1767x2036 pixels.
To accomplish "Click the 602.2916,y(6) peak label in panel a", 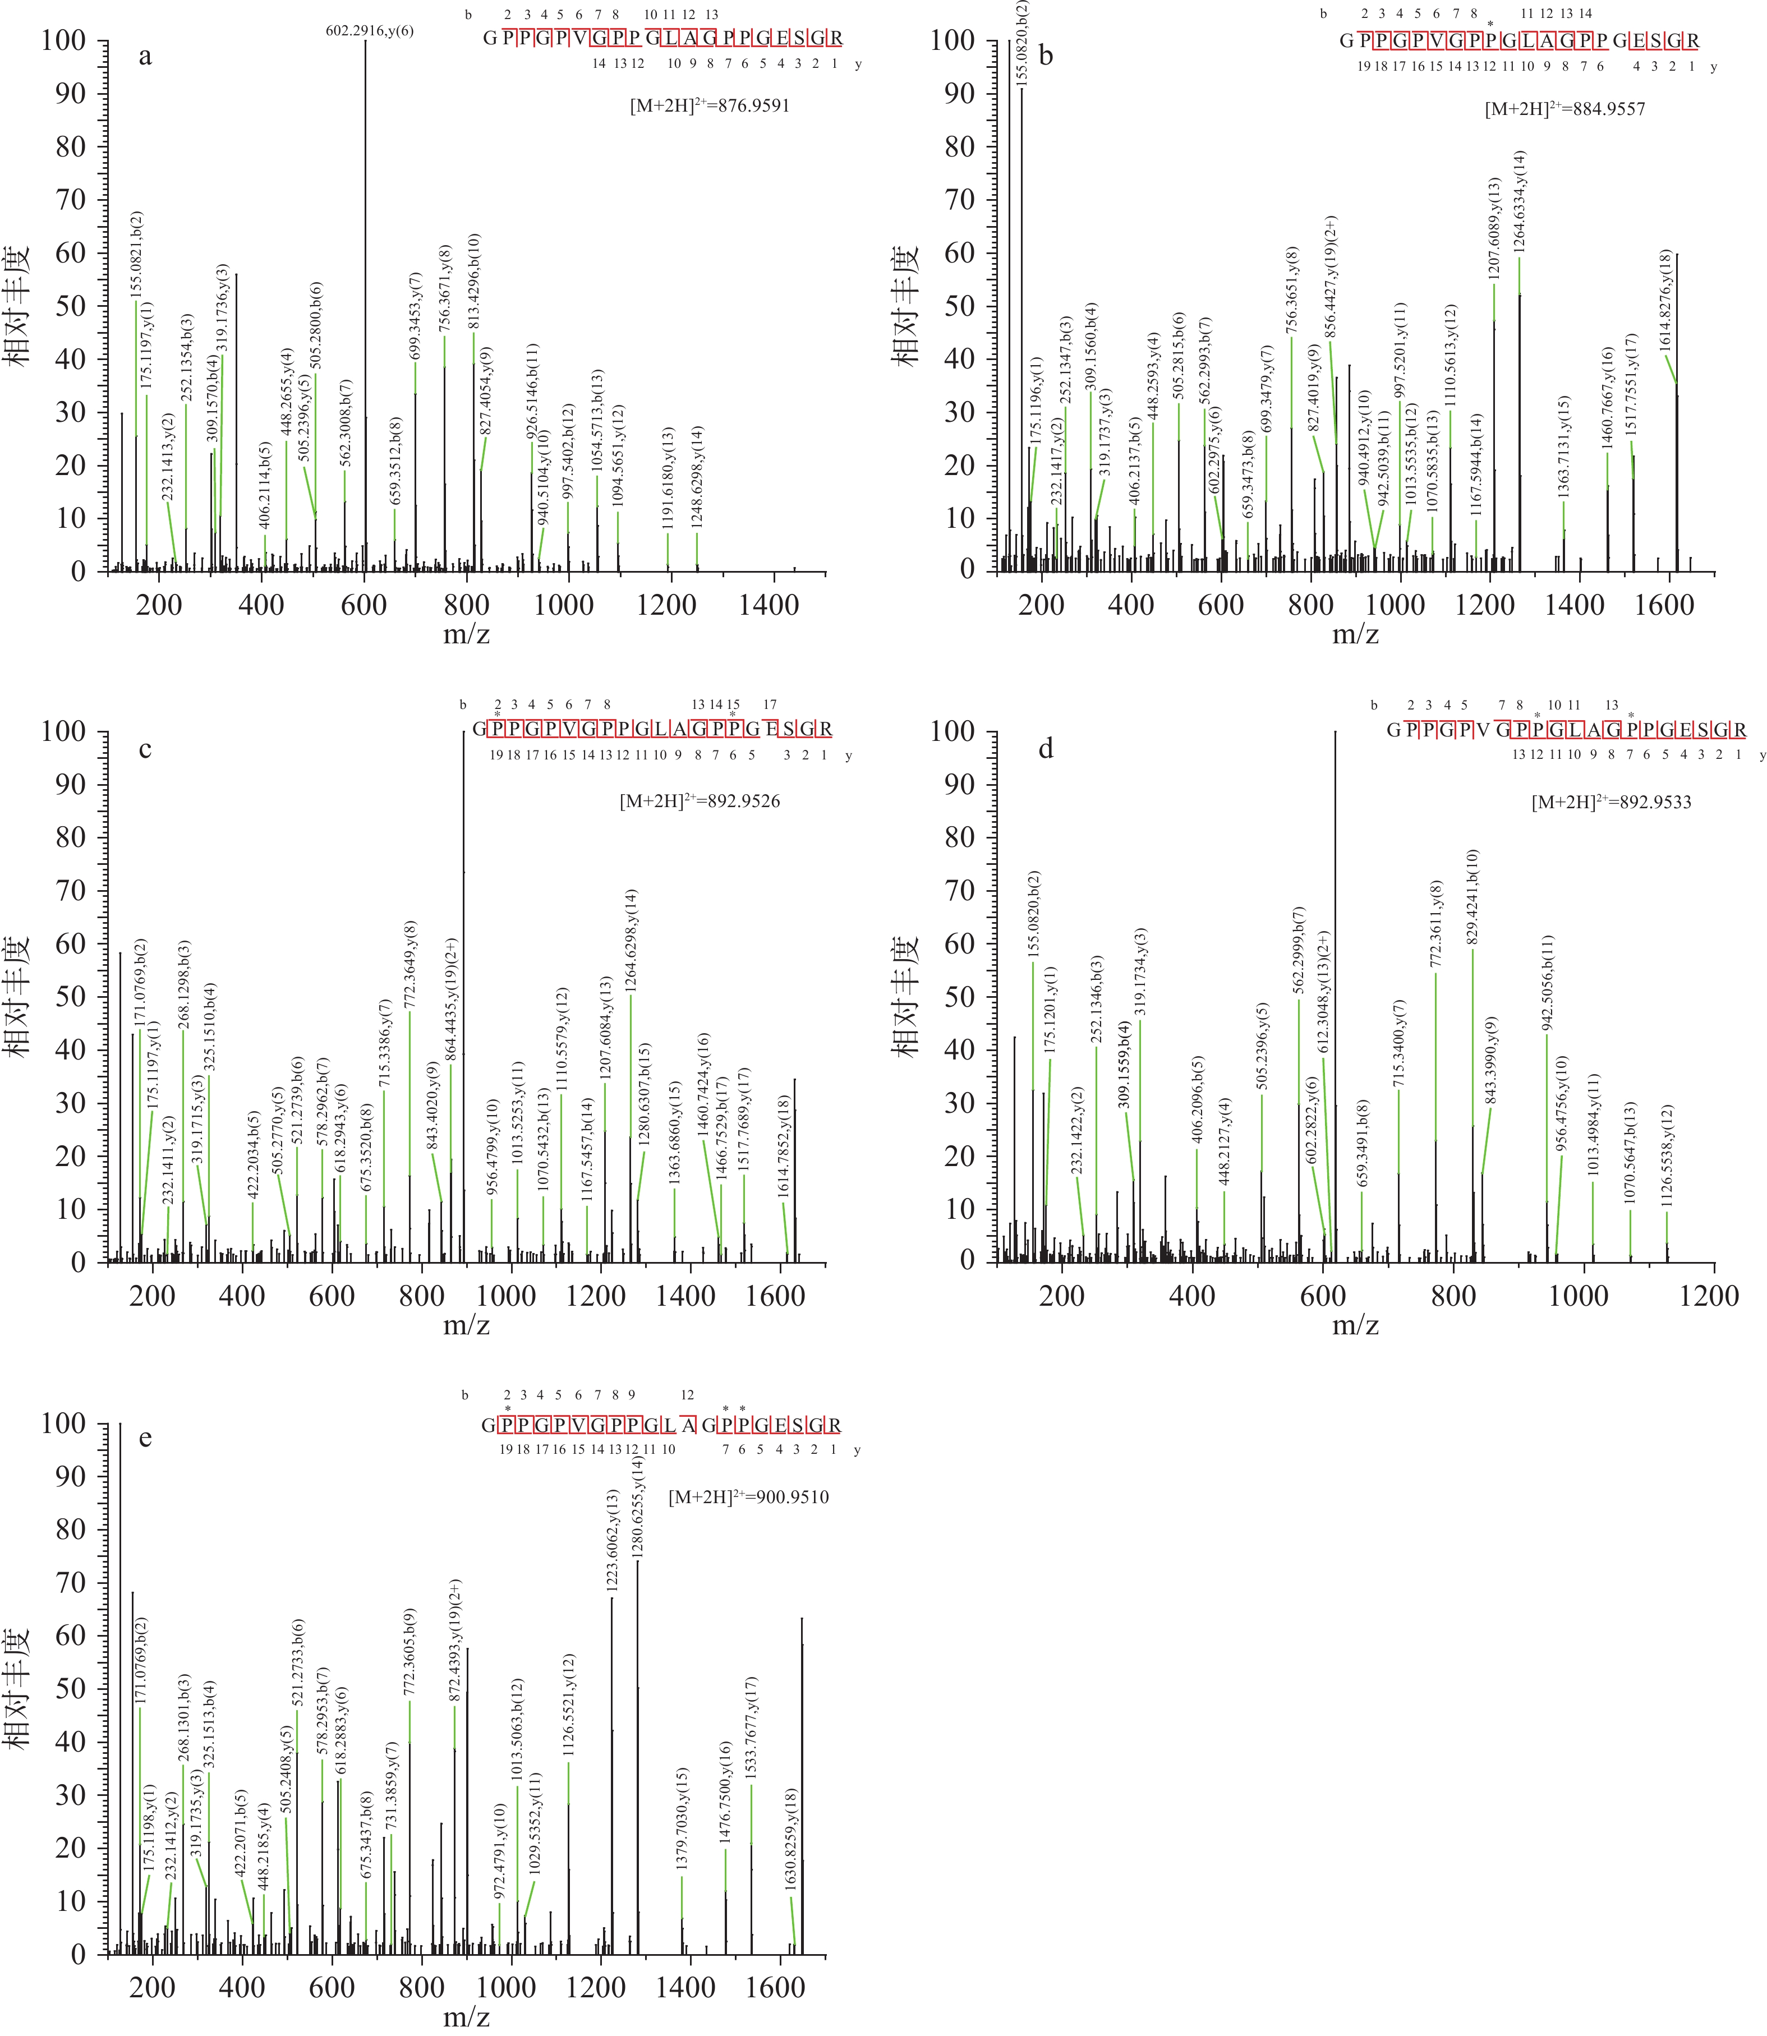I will tap(370, 30).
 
